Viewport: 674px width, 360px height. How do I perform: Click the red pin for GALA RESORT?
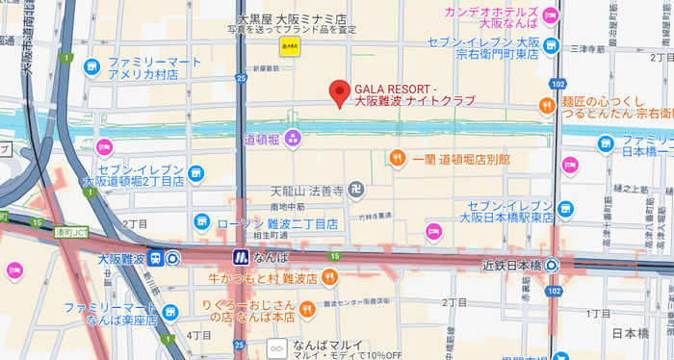pyautogui.click(x=338, y=92)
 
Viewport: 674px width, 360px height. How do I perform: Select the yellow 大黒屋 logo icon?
pyautogui.click(x=287, y=44)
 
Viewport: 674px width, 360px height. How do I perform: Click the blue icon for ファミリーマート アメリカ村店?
pyautogui.click(x=92, y=66)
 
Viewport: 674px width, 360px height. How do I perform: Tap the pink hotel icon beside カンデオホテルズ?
pyautogui.click(x=550, y=15)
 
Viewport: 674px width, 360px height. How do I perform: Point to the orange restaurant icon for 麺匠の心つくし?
pyautogui.click(x=547, y=106)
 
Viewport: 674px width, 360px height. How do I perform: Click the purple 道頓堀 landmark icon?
pyautogui.click(x=293, y=140)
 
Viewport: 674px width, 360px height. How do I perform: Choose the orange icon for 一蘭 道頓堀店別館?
pyautogui.click(x=396, y=158)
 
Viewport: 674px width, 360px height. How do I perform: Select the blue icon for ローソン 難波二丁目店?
pyautogui.click(x=202, y=222)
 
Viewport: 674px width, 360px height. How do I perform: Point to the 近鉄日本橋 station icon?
pyautogui.click(x=553, y=265)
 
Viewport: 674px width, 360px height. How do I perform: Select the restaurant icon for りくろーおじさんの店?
pyautogui.click(x=307, y=310)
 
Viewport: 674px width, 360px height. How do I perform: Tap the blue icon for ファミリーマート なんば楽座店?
pyautogui.click(x=170, y=311)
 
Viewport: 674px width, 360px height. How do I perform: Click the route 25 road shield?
pyautogui.click(x=240, y=345)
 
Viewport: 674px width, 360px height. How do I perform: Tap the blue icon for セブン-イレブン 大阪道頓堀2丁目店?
pyautogui.click(x=196, y=173)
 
